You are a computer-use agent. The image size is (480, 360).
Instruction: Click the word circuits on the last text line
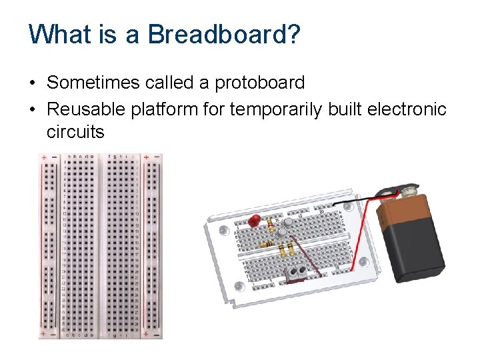pyautogui.click(x=75, y=131)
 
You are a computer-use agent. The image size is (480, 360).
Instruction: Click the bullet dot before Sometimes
pyautogui.click(x=32, y=83)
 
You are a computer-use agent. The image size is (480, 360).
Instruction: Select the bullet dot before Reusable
pyautogui.click(x=32, y=109)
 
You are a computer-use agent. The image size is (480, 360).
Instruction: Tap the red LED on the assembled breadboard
pyautogui.click(x=253, y=221)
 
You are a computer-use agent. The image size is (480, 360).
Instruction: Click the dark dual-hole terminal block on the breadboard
pyautogui.click(x=297, y=269)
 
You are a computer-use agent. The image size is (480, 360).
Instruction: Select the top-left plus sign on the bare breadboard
pyautogui.click(x=44, y=159)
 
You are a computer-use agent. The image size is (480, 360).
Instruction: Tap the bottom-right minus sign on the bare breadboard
pyautogui.click(x=156, y=332)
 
